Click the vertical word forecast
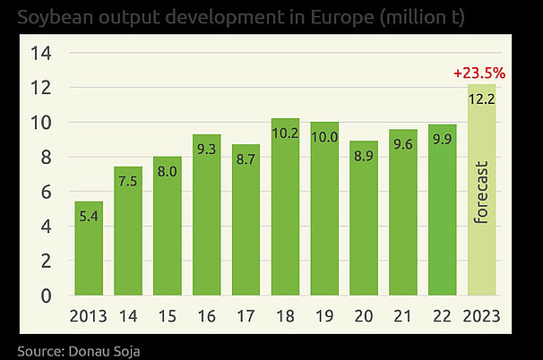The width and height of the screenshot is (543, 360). (481, 193)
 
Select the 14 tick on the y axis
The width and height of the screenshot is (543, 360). (42, 54)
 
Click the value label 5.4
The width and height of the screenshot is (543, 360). (88, 216)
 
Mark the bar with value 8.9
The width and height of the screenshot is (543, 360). (364, 233)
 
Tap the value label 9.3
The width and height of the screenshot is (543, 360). (206, 148)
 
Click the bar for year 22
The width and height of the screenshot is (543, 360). (443, 224)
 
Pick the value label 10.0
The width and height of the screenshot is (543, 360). (324, 137)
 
